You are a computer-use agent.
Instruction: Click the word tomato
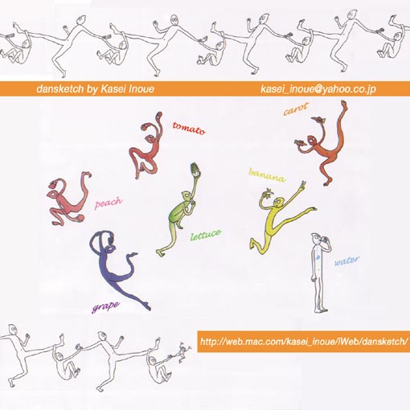(189, 129)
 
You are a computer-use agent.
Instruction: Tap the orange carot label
(296, 109)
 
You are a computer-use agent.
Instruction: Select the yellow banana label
(267, 175)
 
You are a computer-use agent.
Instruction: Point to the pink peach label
(109, 203)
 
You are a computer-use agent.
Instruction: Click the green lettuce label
(206, 235)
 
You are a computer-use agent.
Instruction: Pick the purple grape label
(105, 306)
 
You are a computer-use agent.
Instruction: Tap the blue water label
(347, 260)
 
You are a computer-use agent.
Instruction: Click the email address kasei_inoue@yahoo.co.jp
(318, 89)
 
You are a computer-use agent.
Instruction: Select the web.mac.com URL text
(304, 342)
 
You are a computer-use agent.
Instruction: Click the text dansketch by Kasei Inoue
(95, 89)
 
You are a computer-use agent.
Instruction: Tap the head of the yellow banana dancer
(279, 201)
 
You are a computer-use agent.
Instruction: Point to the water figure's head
(315, 238)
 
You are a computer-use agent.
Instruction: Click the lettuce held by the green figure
(195, 170)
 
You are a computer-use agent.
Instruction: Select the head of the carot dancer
(312, 140)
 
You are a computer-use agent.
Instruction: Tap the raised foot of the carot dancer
(344, 106)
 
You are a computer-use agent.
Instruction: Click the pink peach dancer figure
(68, 199)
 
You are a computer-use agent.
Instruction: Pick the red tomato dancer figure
(146, 146)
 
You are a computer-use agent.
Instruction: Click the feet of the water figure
(321, 310)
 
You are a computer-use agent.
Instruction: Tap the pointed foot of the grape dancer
(146, 306)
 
